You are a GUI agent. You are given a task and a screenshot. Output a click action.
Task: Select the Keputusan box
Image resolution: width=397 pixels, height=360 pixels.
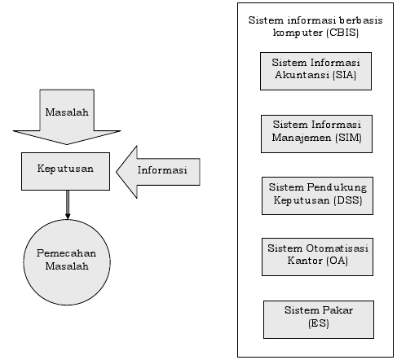65,171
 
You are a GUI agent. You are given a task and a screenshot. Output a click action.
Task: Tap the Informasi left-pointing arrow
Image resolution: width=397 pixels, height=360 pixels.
158,172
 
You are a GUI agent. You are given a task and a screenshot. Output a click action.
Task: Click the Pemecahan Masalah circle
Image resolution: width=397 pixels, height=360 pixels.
67,262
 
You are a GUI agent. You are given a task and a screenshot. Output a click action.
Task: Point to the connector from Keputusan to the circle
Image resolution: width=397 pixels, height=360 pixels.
68,204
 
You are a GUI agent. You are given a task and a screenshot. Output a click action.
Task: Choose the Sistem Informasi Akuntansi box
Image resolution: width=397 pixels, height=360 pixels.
315,71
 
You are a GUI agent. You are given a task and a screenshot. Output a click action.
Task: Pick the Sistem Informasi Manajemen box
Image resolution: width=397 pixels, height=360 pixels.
316,134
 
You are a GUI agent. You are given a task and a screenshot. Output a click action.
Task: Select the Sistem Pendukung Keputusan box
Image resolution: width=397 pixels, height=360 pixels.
317,195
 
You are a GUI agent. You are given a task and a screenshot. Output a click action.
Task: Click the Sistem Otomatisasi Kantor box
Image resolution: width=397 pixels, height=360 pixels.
317,257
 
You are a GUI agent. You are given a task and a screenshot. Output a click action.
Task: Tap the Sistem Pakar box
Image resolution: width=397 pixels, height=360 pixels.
319,319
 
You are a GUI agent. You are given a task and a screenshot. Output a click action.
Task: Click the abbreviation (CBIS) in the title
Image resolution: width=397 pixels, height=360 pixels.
342,33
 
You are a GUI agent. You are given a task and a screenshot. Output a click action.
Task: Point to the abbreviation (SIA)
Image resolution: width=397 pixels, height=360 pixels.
345,75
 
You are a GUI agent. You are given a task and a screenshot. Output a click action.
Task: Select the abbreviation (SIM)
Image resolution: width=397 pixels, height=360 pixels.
348,138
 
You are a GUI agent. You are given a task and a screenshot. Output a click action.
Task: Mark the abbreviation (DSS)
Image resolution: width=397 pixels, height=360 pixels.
349,200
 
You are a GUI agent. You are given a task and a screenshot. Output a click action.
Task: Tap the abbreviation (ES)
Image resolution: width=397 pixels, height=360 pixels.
319,323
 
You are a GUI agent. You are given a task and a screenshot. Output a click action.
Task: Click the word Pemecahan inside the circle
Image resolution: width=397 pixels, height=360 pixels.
67,253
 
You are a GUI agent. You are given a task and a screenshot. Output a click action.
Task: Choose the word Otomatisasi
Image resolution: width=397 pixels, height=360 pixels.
337,248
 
